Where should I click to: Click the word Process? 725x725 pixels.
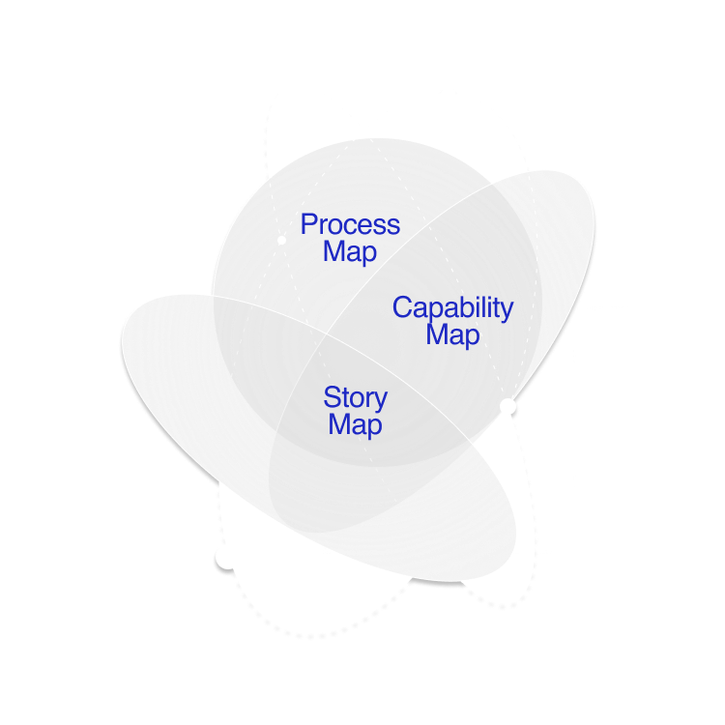[350, 225]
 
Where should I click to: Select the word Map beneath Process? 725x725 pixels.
[350, 252]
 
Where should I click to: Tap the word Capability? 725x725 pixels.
[452, 309]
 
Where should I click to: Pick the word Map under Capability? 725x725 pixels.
[452, 335]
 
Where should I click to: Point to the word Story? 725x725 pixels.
[355, 398]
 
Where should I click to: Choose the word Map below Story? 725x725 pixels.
[355, 424]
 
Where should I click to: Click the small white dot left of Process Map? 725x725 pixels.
[281, 239]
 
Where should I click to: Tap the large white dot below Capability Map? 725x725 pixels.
[507, 407]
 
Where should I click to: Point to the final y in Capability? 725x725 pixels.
[507, 312]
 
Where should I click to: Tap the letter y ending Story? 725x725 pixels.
[382, 401]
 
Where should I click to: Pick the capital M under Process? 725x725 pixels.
[334, 252]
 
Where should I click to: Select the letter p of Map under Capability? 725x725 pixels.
[473, 338]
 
